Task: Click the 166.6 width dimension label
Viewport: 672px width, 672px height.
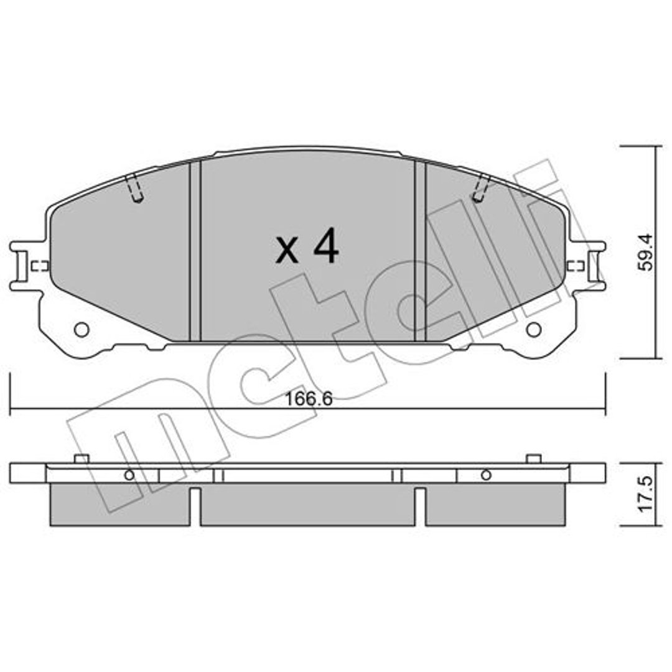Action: coord(309,399)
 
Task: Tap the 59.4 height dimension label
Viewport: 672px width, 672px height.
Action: coord(646,251)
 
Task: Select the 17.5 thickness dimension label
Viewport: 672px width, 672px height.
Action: coord(646,494)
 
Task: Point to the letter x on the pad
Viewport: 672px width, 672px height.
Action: coord(287,251)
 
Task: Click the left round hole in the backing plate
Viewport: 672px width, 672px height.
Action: coord(82,330)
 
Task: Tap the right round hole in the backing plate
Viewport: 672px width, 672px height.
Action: coord(534,330)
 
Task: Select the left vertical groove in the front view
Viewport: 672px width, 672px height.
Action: coord(195,251)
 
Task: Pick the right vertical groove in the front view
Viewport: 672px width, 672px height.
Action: coord(421,251)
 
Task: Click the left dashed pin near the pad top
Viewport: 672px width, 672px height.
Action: coord(134,188)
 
